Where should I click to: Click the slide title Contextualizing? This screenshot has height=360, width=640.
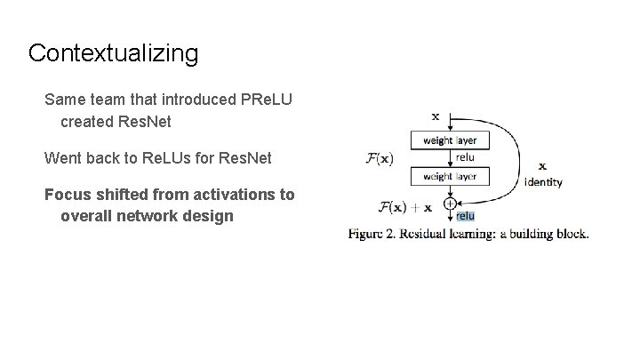[x=113, y=53]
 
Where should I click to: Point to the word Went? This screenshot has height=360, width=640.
[x=62, y=159]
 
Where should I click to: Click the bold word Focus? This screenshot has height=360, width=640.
[x=68, y=194]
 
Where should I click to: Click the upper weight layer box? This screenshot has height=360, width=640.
[x=450, y=140]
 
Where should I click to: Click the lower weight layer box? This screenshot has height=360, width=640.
[x=450, y=177]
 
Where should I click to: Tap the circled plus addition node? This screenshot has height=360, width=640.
[x=451, y=204]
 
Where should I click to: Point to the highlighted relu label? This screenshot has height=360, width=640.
[x=465, y=216]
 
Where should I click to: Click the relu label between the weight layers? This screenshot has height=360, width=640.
[x=464, y=157]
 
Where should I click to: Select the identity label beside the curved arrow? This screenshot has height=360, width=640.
[x=542, y=182]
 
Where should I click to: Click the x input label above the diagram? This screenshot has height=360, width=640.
[x=435, y=116]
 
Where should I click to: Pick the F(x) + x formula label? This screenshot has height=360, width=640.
[x=405, y=208]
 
